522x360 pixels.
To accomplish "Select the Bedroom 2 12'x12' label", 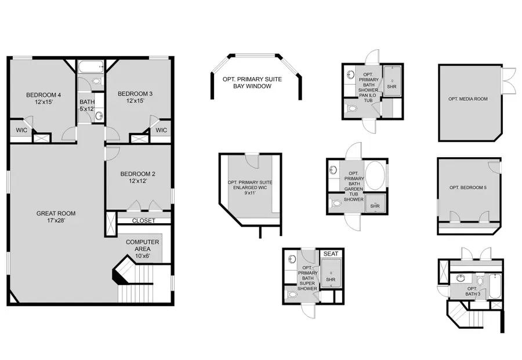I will [138, 177].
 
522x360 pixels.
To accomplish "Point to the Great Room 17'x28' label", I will [56, 217].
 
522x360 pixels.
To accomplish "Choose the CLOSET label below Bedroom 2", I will [143, 220].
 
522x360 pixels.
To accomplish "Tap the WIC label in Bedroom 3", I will [161, 130].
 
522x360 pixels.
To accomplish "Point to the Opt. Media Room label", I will [467, 99].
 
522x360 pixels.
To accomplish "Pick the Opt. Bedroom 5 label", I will [468, 187].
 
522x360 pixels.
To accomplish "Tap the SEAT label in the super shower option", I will [331, 254].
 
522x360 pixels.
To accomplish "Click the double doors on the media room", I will [508, 81].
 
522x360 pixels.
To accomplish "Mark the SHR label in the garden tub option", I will [375, 205].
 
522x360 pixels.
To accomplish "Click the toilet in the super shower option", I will [293, 295].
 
